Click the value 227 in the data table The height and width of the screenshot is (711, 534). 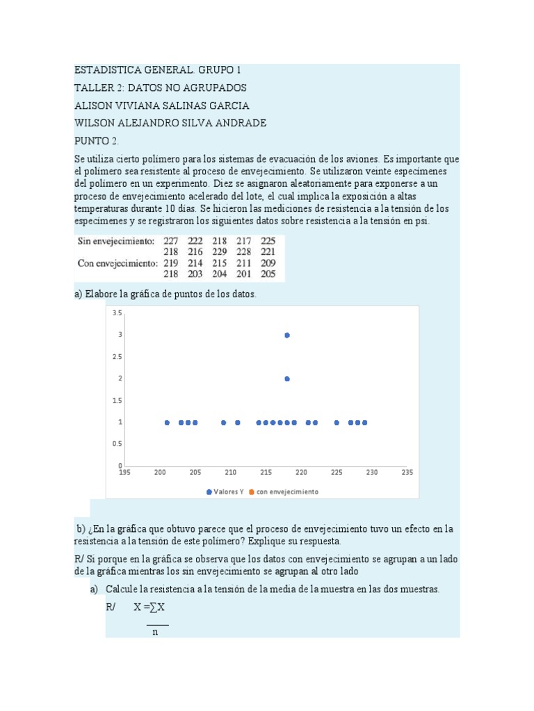click(171, 242)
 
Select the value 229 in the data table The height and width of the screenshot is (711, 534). click(220, 252)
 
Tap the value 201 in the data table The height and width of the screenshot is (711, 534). click(245, 274)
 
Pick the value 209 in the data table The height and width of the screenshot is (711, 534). click(268, 263)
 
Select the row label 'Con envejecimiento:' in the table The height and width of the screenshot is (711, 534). click(117, 263)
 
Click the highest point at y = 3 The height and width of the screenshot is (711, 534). click(286, 335)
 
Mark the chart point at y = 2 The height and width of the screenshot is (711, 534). click(286, 379)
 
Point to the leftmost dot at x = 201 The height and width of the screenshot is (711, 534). click(167, 422)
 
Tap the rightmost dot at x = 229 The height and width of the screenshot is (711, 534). click(365, 422)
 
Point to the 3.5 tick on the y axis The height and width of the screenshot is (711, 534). click(118, 313)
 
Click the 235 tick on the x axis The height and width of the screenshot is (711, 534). click(407, 473)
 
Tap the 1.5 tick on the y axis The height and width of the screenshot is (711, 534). click(118, 401)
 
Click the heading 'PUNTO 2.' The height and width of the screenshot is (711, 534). click(97, 140)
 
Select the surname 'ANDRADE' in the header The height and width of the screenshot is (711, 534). click(241, 123)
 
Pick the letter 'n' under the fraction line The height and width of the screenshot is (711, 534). click(155, 633)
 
